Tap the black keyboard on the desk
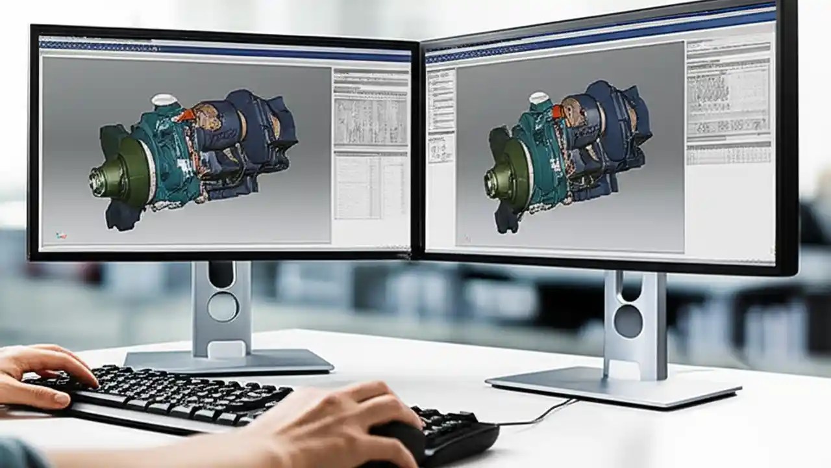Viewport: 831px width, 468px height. pyautogui.click(x=195, y=396)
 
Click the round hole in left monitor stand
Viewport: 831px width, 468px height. pyautogui.click(x=223, y=306)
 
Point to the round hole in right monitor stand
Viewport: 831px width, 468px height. pyautogui.click(x=628, y=321)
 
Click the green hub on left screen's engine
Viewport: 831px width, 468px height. pyautogui.click(x=123, y=174)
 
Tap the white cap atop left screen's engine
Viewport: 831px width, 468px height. pyautogui.click(x=164, y=100)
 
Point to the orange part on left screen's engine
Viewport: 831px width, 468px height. pyautogui.click(x=186, y=115)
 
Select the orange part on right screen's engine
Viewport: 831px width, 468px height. pyautogui.click(x=557, y=111)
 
